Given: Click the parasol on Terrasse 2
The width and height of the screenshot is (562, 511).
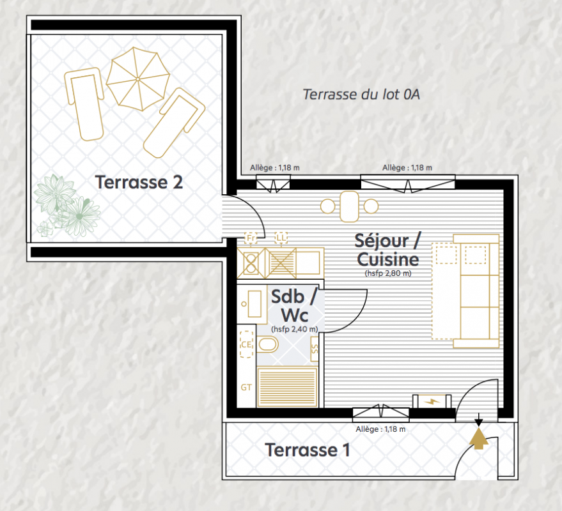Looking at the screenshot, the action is click(x=138, y=79).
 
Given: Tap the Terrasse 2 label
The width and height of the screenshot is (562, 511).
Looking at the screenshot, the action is click(x=139, y=182).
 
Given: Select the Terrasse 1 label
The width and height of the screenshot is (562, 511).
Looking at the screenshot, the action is click(x=307, y=450).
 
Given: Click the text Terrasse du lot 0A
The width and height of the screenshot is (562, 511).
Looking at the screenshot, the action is click(x=361, y=94).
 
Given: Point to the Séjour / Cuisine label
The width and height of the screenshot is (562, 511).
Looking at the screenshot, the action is click(x=388, y=250).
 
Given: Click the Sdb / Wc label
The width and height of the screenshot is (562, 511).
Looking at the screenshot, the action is click(x=294, y=306).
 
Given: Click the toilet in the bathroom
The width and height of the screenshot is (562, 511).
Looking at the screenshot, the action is click(x=268, y=344).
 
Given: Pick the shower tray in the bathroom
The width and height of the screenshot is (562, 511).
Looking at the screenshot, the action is click(x=288, y=386).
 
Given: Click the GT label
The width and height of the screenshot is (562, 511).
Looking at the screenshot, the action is click(x=246, y=387).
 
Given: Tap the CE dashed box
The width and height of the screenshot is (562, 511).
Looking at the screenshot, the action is click(x=246, y=344).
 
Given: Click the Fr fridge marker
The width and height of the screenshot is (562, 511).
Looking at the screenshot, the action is click(x=251, y=238).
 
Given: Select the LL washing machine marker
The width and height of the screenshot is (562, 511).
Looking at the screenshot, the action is click(x=281, y=238).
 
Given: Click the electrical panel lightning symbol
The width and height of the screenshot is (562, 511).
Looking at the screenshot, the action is click(x=432, y=401).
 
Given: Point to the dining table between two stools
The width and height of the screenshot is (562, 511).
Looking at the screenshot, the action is click(x=350, y=206).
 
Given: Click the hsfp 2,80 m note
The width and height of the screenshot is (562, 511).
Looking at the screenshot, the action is click(x=388, y=273).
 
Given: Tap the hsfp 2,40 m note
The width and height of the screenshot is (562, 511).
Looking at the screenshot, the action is click(x=295, y=329).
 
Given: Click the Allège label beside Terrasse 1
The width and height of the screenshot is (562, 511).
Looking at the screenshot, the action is click(x=380, y=429).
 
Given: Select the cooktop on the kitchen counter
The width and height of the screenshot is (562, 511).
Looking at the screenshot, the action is click(x=251, y=263).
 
